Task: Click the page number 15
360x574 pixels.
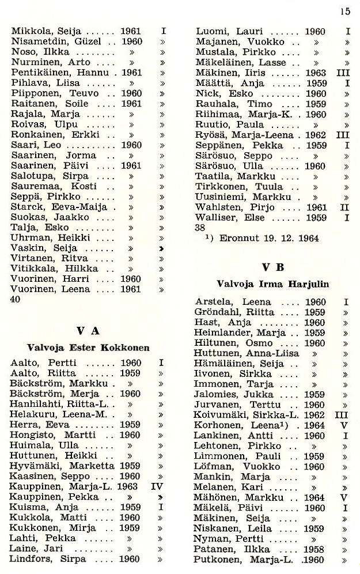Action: (345, 10)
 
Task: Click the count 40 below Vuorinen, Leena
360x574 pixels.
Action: (16, 300)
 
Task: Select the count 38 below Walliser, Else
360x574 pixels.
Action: (201, 227)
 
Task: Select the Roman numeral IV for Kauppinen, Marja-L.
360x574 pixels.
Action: (157, 486)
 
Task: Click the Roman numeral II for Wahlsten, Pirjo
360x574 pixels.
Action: (346, 207)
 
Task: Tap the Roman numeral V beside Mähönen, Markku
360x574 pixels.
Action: (344, 497)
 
